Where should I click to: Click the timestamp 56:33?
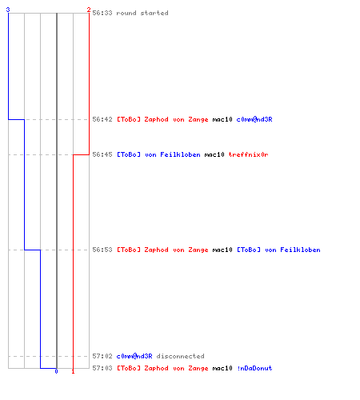pyautogui.click(x=102, y=13)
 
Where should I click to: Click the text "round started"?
pyautogui.click(x=142, y=13)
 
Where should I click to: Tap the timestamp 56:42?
pyautogui.click(x=102, y=119)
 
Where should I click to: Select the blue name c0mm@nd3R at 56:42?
pyautogui.click(x=254, y=119)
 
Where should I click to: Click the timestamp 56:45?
pyautogui.click(x=102, y=154)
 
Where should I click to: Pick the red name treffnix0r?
pyautogui.click(x=248, y=154)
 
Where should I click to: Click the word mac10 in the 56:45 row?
pyautogui.click(x=214, y=154)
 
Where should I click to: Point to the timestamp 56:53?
pyautogui.click(x=102, y=250)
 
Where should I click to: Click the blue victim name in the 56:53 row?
pyautogui.click(x=278, y=250)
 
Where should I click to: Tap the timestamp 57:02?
pyautogui.click(x=102, y=356)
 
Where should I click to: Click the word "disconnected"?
pyautogui.click(x=181, y=356)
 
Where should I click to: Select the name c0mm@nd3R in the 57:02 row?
pyautogui.click(x=134, y=356)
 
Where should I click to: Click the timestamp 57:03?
pyautogui.click(x=102, y=368)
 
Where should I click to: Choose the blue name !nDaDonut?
pyautogui.click(x=254, y=368)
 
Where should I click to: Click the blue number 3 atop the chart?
pyautogui.click(x=8, y=10)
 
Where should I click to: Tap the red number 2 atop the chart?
pyautogui.click(x=89, y=10)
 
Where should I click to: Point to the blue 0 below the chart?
pyautogui.click(x=56, y=371)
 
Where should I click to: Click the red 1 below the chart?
pyautogui.click(x=73, y=371)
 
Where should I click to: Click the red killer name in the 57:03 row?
pyautogui.click(x=162, y=368)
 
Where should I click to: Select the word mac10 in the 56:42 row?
pyautogui.click(x=222, y=119)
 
